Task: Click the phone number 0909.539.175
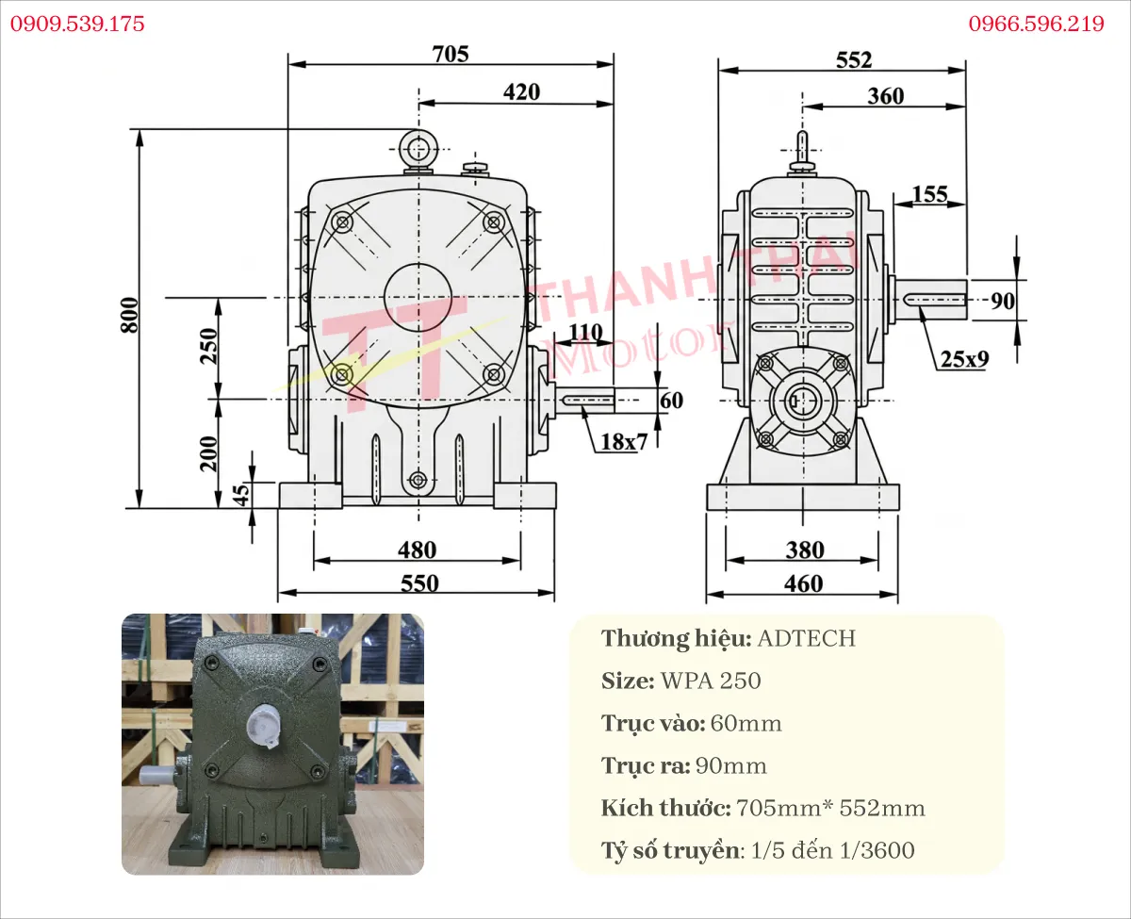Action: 77,24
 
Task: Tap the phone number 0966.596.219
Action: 1036,24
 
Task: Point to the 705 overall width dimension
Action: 451,54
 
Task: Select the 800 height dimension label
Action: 129,316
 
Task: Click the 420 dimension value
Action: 521,92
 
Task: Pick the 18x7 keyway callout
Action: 624,442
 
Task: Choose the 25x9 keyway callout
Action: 965,359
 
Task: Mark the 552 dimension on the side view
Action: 854,60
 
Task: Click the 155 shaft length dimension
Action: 929,194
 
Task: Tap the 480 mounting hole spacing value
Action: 418,550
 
